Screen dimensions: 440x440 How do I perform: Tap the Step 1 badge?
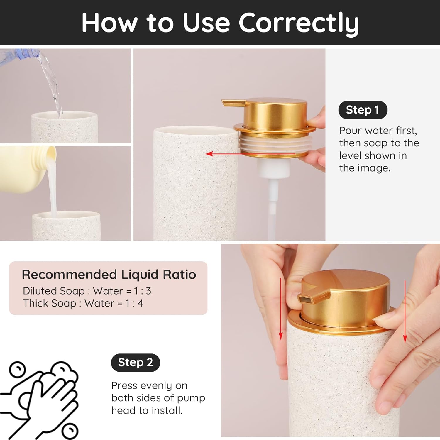(x=363, y=110)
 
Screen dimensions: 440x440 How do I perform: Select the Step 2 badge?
(x=135, y=363)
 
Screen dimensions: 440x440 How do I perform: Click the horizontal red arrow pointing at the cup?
(x=249, y=153)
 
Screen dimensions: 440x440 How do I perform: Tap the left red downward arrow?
(x=281, y=308)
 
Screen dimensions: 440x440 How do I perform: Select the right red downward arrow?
(x=405, y=311)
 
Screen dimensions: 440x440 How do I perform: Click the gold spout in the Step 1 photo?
(x=233, y=103)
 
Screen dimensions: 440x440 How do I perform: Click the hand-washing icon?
(x=41, y=399)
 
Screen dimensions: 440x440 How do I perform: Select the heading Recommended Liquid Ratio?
(x=109, y=275)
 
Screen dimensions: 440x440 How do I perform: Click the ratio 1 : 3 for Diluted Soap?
(x=143, y=291)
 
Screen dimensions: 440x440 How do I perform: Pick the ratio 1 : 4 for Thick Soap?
(x=134, y=303)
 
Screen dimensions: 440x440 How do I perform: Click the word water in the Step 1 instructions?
(x=378, y=131)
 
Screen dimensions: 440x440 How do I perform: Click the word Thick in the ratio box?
(x=35, y=303)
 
